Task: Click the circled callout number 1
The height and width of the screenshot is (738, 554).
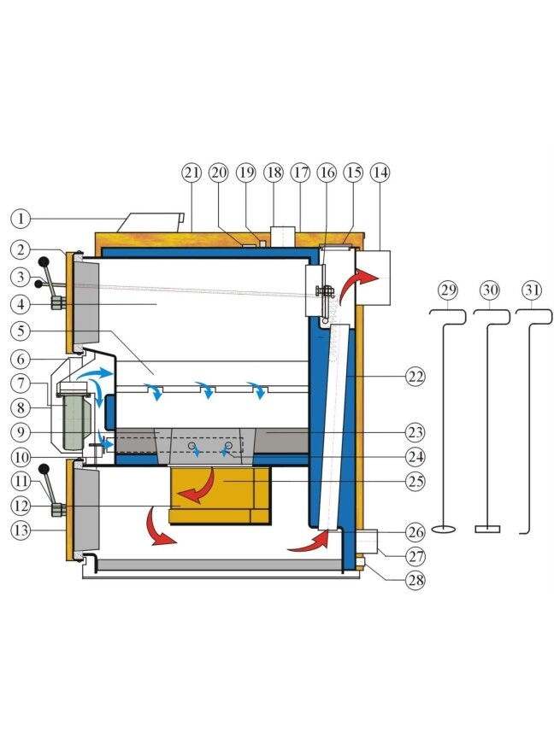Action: point(21,219)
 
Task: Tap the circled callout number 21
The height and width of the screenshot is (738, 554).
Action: point(192,173)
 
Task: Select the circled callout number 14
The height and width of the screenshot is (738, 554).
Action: point(380,173)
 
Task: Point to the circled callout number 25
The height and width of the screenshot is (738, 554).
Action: point(415,482)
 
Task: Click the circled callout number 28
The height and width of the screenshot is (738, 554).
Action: point(415,580)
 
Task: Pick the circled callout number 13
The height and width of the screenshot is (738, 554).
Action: point(21,530)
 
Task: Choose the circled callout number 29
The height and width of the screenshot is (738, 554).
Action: point(447,290)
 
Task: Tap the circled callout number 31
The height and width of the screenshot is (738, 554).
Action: point(532,290)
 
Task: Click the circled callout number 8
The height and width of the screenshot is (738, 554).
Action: point(21,407)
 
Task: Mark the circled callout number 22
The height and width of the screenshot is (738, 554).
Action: point(415,377)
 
